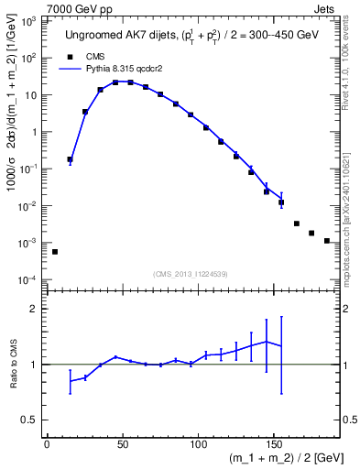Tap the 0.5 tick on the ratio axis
coord(33,420)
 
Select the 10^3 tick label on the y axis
coord(28,20)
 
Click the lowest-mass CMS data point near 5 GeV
coord(54,251)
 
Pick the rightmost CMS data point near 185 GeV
coord(327,241)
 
